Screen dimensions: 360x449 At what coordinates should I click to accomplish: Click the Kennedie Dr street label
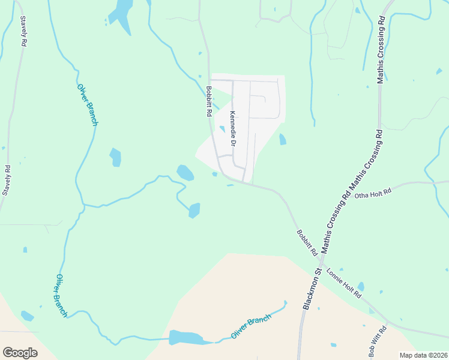click(x=233, y=128)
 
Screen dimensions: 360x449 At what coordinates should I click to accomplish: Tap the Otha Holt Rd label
click(x=373, y=193)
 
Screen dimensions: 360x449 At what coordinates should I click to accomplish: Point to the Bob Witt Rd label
click(x=378, y=341)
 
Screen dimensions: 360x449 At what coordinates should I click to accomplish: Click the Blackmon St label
click(x=313, y=289)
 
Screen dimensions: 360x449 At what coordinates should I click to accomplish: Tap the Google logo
click(x=20, y=352)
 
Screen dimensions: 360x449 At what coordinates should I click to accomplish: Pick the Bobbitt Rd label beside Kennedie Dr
click(x=209, y=101)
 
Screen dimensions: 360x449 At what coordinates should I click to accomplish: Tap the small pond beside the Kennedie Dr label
click(x=222, y=128)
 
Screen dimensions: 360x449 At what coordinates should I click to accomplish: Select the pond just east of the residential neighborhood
click(x=282, y=139)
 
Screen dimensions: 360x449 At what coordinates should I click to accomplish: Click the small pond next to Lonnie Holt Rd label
click(x=361, y=287)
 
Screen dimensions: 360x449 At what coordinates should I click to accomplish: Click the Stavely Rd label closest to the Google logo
click(x=7, y=181)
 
